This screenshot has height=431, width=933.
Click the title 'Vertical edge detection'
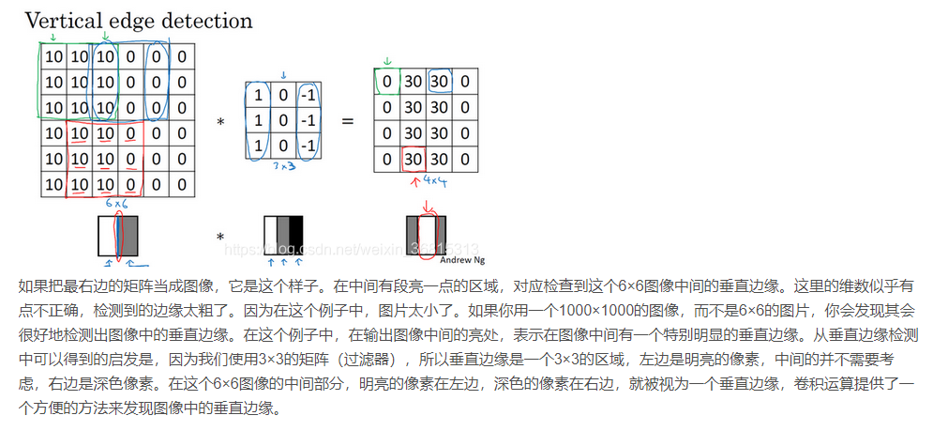point(138,20)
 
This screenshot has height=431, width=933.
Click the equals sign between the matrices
point(346,121)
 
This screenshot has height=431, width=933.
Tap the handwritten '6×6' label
point(118,204)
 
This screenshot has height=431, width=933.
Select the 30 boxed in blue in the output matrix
point(439,82)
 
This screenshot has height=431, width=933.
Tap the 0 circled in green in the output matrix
point(386,82)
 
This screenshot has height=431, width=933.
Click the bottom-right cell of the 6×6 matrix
point(182,184)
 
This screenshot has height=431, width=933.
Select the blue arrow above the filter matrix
point(282,74)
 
